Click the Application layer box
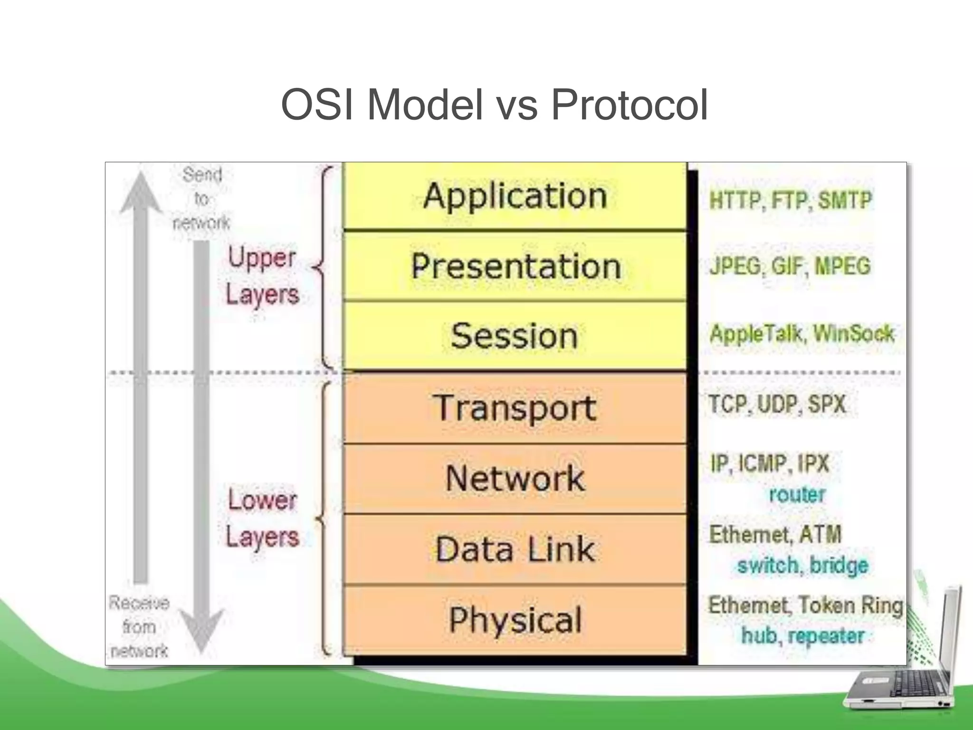[515, 196]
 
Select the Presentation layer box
[515, 266]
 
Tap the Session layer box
[515, 336]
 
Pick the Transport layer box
[515, 408]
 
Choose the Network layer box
[515, 478]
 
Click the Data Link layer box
[515, 549]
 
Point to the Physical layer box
[515, 620]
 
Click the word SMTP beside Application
[845, 200]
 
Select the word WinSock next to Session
[854, 334]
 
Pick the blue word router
[797, 495]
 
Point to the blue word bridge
[839, 565]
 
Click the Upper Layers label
[262, 276]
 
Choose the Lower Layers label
[262, 518]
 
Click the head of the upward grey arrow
[141, 192]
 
